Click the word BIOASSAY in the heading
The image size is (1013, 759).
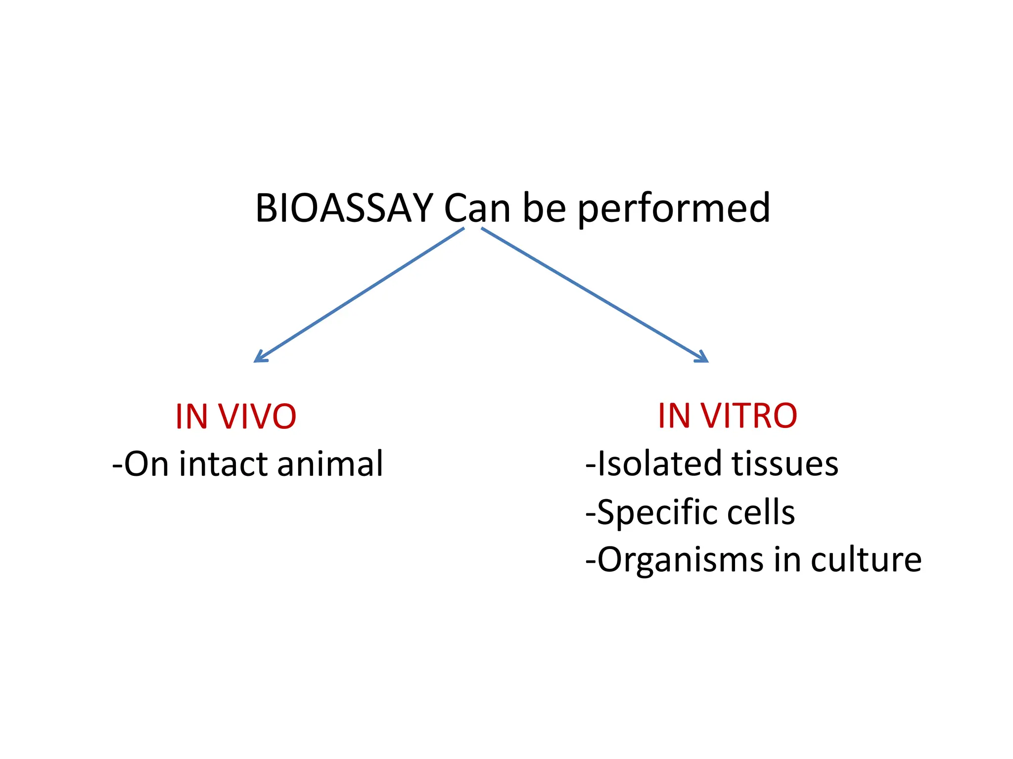click(x=344, y=209)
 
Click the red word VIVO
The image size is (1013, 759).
click(x=258, y=417)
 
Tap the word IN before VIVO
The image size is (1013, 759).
click(x=191, y=417)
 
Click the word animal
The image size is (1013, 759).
click(x=330, y=464)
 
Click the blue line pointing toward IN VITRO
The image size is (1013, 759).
click(x=594, y=294)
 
